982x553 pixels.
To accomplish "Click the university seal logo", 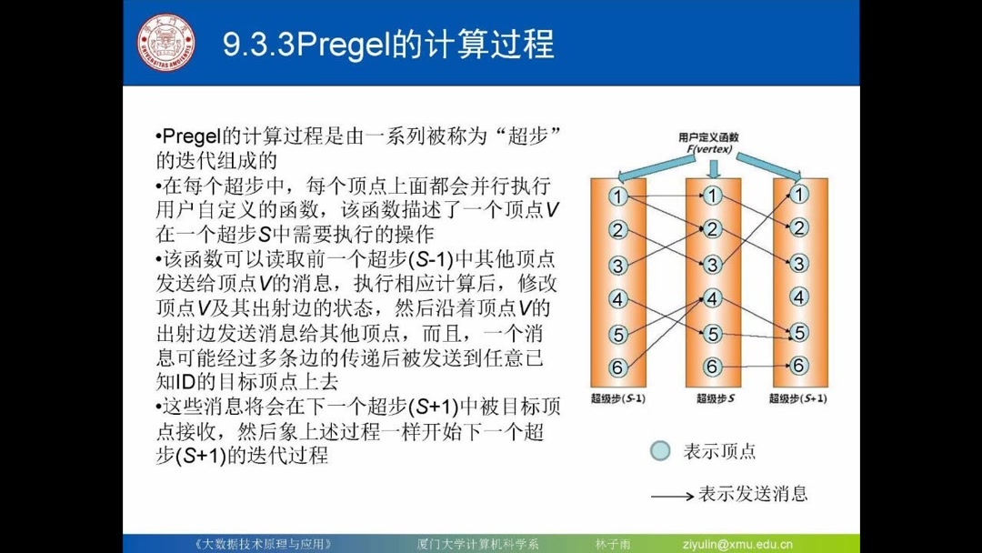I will tap(166, 42).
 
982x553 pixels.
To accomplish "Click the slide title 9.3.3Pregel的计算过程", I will tap(388, 45).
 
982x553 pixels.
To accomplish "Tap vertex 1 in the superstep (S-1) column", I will tap(618, 196).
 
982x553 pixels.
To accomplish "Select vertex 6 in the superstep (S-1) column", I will tap(618, 367).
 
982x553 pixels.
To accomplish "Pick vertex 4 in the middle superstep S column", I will tap(713, 298).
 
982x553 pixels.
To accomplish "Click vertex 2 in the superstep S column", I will tap(713, 229).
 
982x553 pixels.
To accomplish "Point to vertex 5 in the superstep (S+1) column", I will tap(799, 333).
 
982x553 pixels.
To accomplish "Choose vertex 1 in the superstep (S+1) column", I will tap(799, 194).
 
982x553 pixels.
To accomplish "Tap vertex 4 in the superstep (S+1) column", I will tap(799, 297).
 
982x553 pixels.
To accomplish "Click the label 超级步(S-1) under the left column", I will tap(618, 397).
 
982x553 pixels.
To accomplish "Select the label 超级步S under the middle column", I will tap(715, 397).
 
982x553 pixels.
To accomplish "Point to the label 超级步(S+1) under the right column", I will tap(797, 397).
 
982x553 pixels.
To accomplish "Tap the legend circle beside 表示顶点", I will tap(661, 451).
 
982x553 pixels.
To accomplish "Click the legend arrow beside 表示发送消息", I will tap(672, 496).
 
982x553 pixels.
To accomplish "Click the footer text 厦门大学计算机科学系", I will tap(472, 544).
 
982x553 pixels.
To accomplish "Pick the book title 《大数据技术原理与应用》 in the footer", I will tap(264, 544).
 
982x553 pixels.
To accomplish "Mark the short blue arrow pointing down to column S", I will tap(713, 168).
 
